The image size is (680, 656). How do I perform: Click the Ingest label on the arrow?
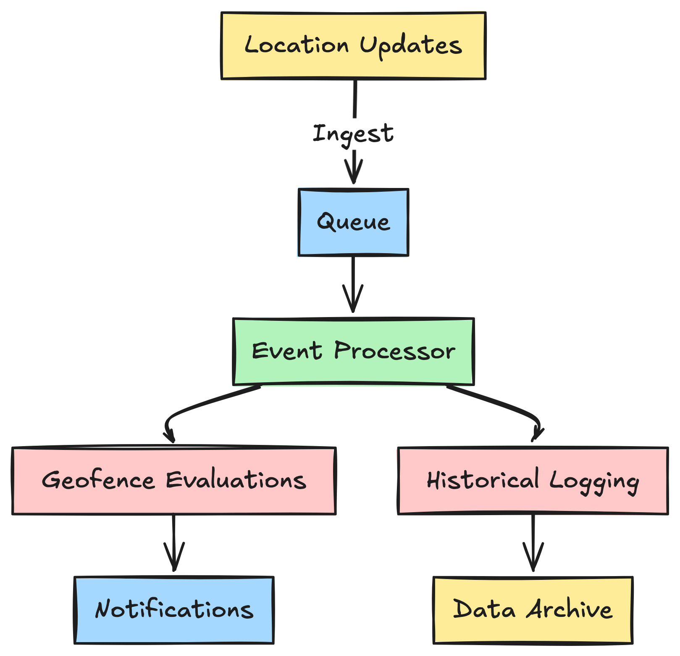coord(353,134)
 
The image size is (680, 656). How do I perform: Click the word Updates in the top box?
coord(411,45)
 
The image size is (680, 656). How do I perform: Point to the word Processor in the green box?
coord(395,351)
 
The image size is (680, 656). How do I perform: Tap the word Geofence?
coord(99,480)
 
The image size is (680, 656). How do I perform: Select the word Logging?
coord(594,481)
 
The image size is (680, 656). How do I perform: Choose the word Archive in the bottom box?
coord(570,609)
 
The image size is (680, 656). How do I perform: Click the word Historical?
coord(483,480)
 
